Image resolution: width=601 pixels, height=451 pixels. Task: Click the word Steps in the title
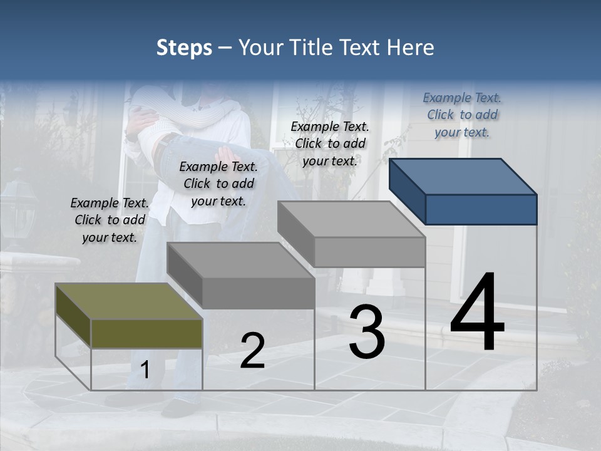click(x=184, y=48)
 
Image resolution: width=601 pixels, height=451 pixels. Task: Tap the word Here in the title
click(x=409, y=48)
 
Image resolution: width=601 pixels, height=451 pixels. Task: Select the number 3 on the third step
click(x=366, y=331)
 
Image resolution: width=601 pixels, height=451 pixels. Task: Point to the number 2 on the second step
click(x=252, y=350)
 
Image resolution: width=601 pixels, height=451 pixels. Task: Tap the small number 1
click(x=145, y=370)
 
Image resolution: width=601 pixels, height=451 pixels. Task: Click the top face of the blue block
click(x=463, y=176)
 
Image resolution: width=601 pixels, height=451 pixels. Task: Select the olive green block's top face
click(x=128, y=301)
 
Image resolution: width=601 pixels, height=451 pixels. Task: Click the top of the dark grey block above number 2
click(x=240, y=259)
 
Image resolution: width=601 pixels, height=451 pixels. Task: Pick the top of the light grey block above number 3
click(x=351, y=219)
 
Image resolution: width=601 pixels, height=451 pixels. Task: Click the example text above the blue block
click(x=462, y=115)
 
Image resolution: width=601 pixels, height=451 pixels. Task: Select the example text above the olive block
click(x=110, y=220)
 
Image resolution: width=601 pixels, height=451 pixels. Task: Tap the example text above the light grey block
click(x=330, y=143)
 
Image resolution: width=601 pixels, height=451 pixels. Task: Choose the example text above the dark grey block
click(x=218, y=184)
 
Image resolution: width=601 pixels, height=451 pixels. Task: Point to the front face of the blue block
click(x=481, y=209)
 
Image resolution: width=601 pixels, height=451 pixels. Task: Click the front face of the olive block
click(x=146, y=333)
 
